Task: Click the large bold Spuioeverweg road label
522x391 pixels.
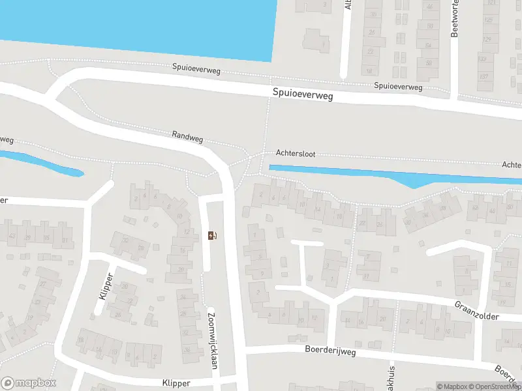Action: [x=303, y=95]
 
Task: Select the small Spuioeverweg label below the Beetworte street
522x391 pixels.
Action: [x=398, y=86]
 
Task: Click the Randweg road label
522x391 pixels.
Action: [x=188, y=135]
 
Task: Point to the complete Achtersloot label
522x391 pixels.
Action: [x=296, y=154]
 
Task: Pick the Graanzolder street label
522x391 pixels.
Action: [x=476, y=310]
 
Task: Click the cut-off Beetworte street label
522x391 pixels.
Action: [x=455, y=19]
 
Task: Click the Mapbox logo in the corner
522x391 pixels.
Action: [x=29, y=383]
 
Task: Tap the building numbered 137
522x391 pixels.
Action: [x=484, y=77]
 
